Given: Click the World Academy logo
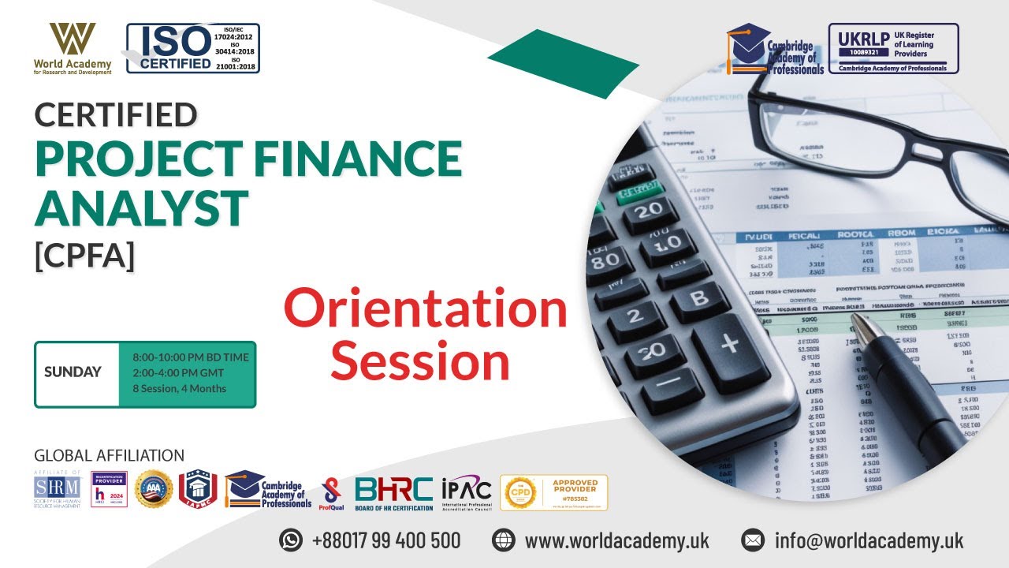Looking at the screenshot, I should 73,47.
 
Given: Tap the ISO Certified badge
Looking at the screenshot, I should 193,48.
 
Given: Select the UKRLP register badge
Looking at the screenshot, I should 893,48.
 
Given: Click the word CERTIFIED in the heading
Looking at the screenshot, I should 116,115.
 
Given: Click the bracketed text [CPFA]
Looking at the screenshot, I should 84,257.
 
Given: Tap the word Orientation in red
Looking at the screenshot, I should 426,310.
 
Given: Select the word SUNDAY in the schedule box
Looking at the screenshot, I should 73,372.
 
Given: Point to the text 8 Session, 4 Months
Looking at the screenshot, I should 179,388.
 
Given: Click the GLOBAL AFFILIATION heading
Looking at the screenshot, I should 109,455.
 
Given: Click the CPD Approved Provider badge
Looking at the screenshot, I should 553,491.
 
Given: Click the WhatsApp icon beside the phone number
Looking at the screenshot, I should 291,540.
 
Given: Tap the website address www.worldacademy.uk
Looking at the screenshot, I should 616,540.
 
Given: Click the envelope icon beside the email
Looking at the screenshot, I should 753,540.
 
